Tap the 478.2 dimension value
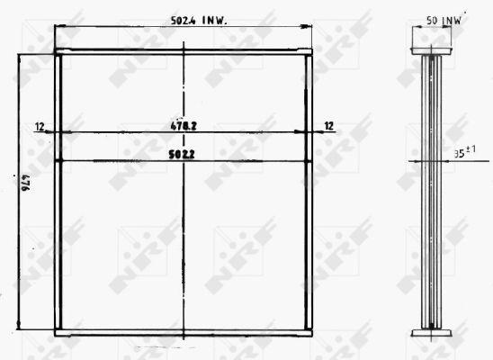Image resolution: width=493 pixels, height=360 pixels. [183, 127]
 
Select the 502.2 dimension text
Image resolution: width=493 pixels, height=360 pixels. [183, 154]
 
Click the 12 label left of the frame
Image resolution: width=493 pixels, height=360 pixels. [40, 127]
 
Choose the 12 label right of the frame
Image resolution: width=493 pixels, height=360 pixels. [328, 127]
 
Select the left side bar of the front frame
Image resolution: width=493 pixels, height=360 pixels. [58, 193]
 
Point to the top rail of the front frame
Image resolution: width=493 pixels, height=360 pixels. [184, 53]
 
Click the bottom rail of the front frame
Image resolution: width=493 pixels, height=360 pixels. [184, 332]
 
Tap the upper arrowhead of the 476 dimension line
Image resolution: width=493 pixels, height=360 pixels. [20, 58]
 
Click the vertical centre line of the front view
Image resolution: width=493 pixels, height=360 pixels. [184, 234]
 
